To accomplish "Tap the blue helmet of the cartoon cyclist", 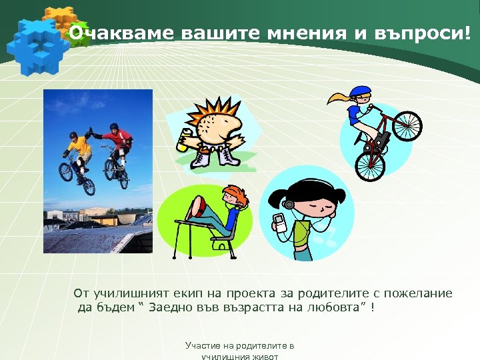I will coord(360,91).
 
